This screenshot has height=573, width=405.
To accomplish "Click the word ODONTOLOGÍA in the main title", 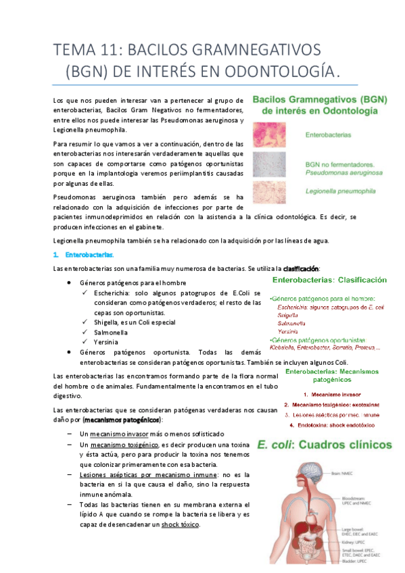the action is coord(285,71).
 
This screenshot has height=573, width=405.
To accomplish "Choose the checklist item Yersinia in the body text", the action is coord(99,342).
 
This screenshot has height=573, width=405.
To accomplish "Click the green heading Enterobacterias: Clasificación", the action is coord(329,279).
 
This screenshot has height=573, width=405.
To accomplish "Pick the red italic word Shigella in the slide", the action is coord(288,315).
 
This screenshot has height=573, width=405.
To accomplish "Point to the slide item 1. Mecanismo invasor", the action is coord(331,394).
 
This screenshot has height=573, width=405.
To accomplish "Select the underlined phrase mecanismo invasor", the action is coord(119,433).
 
